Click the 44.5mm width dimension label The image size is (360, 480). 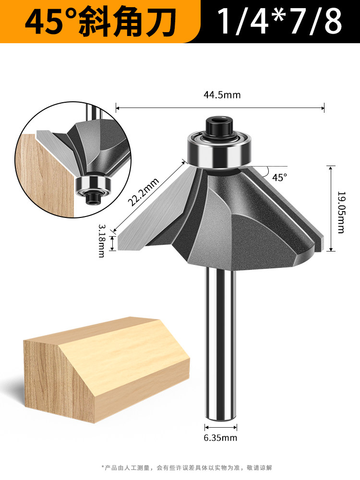[222, 95]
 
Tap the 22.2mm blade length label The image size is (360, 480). [143, 192]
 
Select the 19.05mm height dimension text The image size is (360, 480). [341, 213]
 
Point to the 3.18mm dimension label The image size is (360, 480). [101, 240]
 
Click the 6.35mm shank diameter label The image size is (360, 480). [220, 438]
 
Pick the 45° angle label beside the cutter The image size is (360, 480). [280, 177]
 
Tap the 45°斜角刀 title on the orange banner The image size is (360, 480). [100, 22]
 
